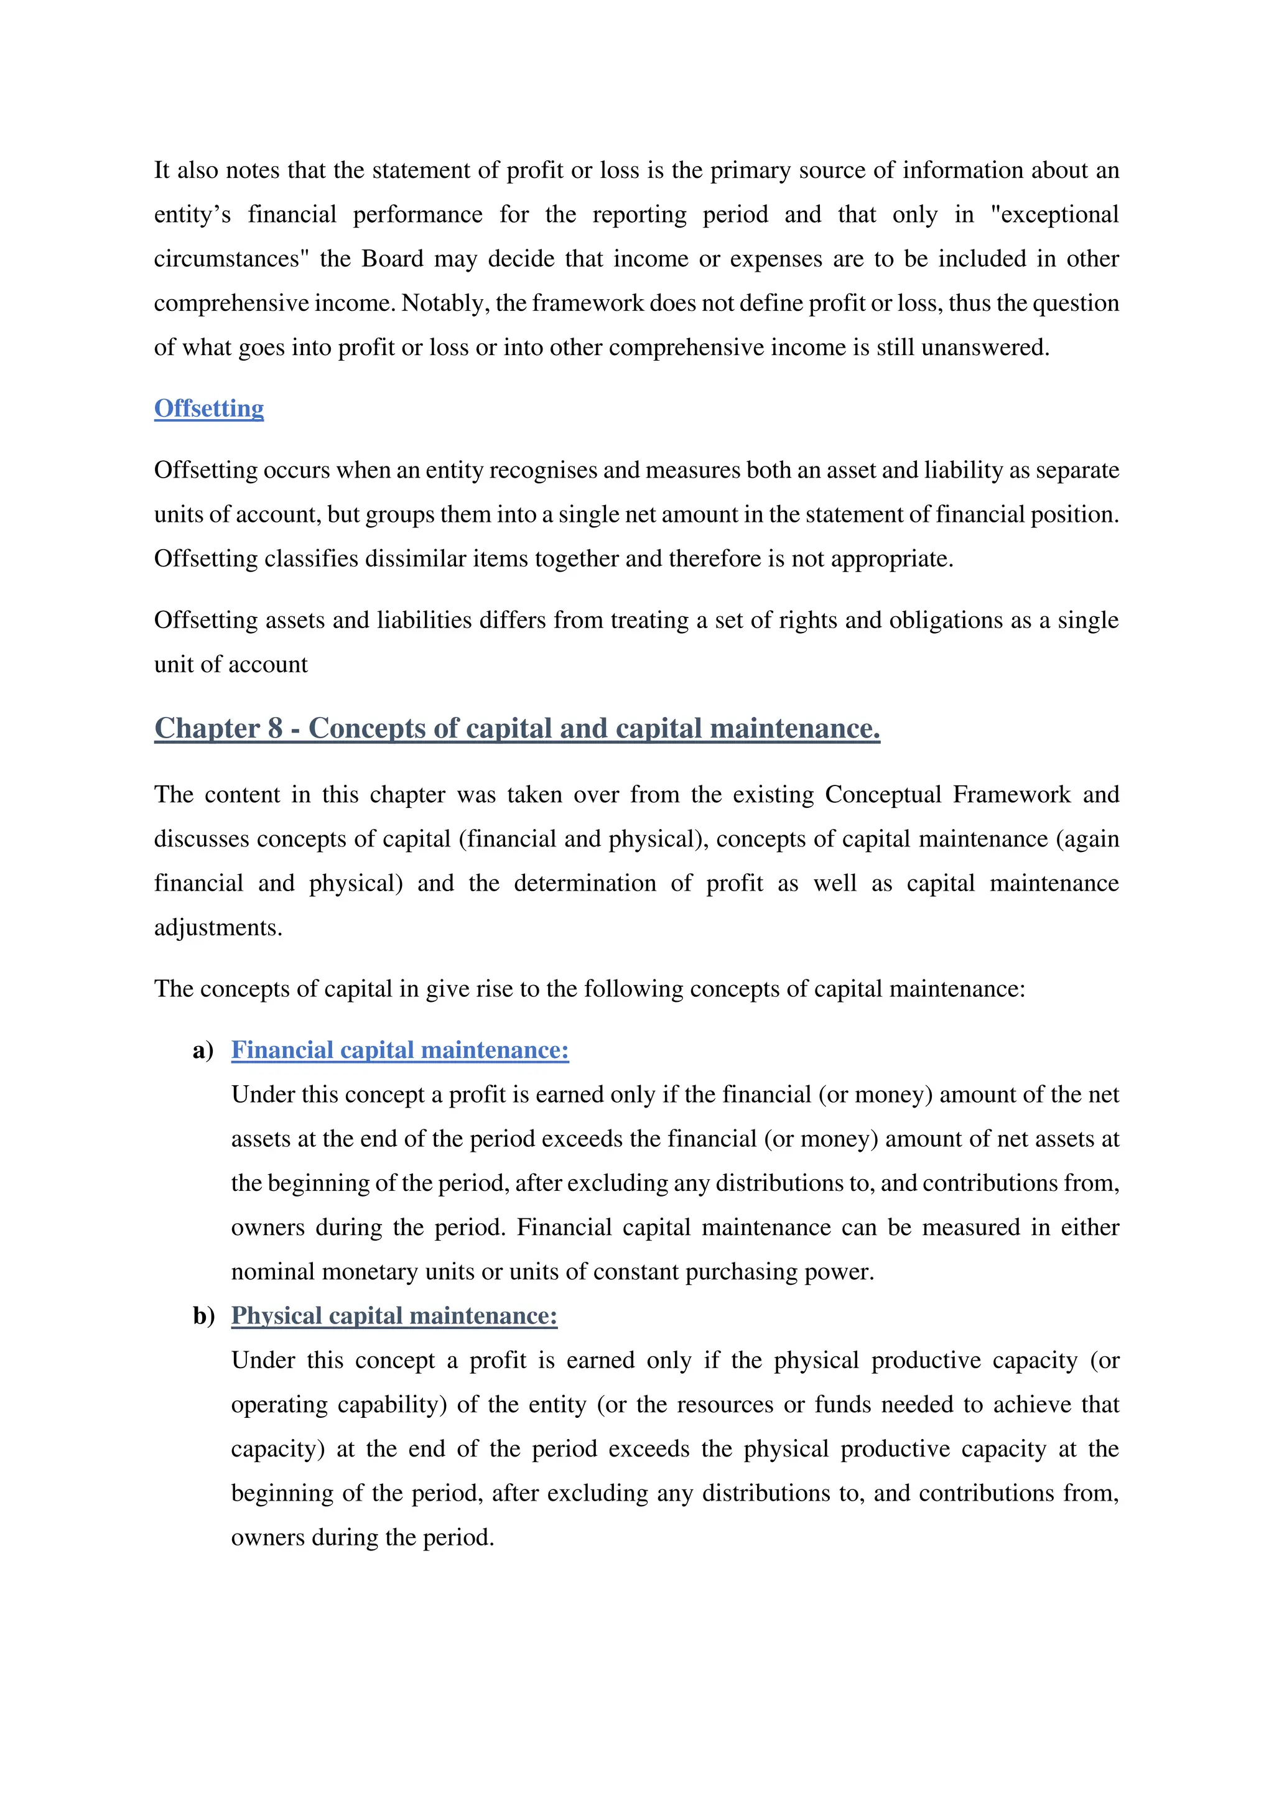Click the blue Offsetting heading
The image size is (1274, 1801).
tap(208, 409)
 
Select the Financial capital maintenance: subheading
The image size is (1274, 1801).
tap(399, 1050)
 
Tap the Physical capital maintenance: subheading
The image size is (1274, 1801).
tap(394, 1315)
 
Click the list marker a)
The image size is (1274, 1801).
tap(203, 1050)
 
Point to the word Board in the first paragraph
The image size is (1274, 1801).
tap(393, 259)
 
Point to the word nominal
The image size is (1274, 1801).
tap(273, 1272)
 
